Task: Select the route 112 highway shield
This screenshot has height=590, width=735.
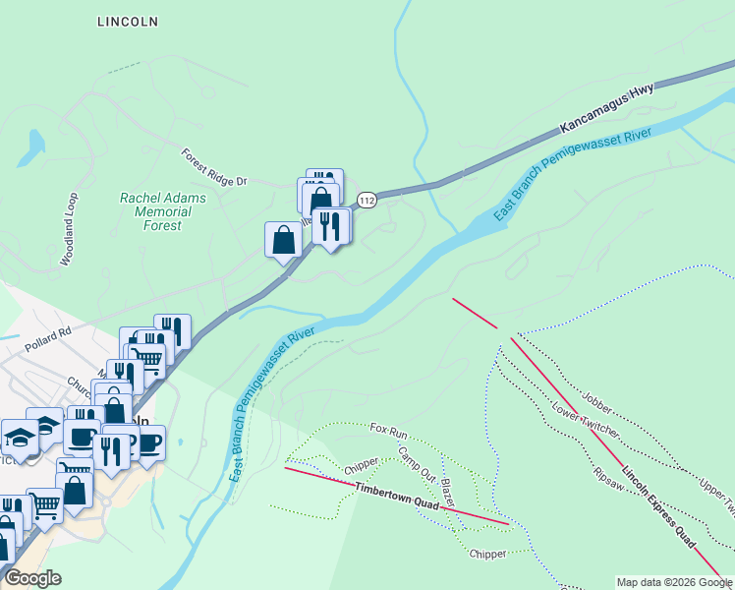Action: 367,200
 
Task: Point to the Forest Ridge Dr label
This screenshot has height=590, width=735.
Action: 216,167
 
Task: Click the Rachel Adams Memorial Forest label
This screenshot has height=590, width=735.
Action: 163,211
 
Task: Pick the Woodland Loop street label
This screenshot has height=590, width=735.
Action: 70,228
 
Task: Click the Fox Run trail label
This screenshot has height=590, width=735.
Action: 388,430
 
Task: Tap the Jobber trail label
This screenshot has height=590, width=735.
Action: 595,397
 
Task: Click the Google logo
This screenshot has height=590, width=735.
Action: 33,578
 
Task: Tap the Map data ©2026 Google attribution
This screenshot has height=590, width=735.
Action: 673,582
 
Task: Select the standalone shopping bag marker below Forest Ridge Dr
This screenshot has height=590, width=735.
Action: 283,240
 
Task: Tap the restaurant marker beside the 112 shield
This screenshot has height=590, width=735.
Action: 331,226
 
